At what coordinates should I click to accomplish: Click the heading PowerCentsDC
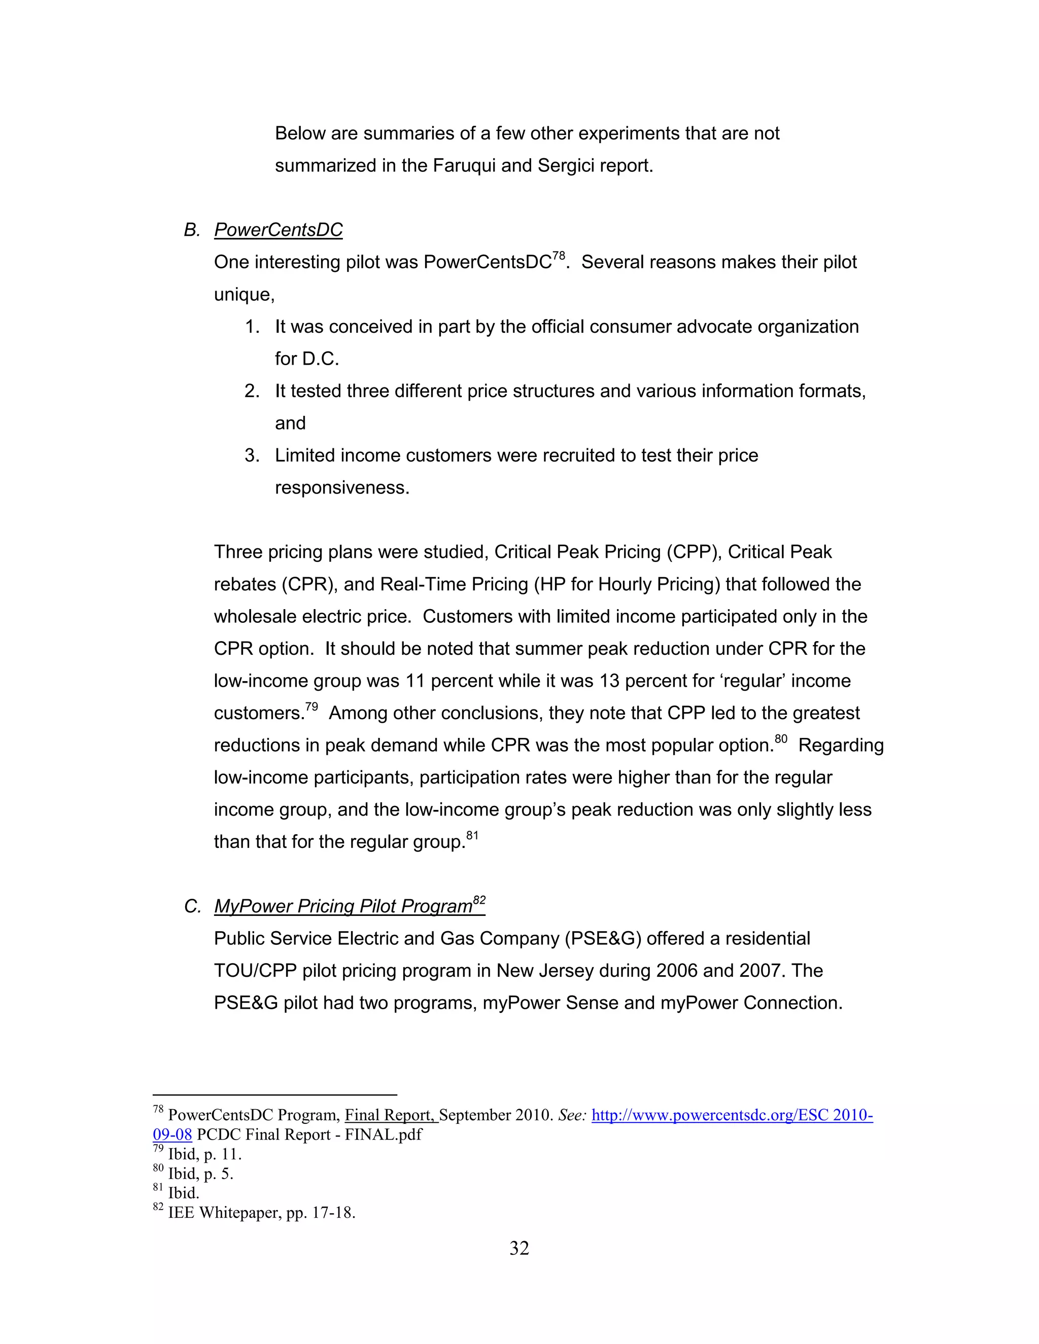pyautogui.click(x=278, y=230)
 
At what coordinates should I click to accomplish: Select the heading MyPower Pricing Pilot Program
pyautogui.click(x=343, y=906)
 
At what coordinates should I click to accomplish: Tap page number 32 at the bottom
pyautogui.click(x=519, y=1248)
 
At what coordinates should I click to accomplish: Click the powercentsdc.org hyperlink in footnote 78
pyautogui.click(x=732, y=1116)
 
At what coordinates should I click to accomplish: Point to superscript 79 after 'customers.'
pyautogui.click(x=311, y=706)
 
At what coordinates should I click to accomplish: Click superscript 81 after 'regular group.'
pyautogui.click(x=472, y=835)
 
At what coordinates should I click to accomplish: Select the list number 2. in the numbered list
pyautogui.click(x=252, y=392)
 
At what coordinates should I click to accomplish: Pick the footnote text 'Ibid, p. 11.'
pyautogui.click(x=204, y=1154)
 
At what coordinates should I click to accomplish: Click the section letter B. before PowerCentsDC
pyautogui.click(x=192, y=230)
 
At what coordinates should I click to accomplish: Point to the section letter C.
pyautogui.click(x=192, y=906)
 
